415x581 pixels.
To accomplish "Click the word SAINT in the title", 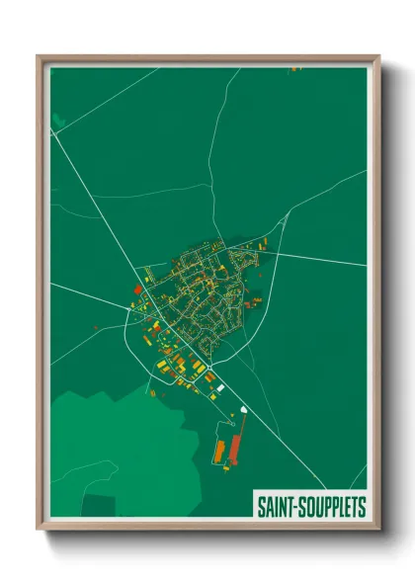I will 277,507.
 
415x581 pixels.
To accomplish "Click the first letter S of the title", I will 261,507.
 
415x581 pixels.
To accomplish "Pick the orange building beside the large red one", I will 219,451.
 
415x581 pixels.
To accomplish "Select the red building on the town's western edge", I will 136,290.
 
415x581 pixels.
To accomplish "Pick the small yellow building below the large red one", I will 237,472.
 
